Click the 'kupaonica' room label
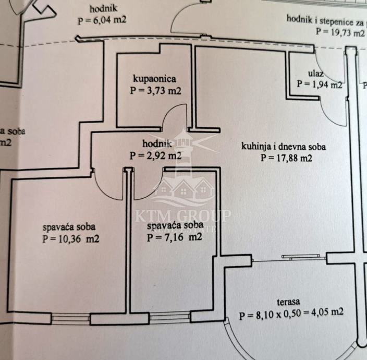(x=155, y=79)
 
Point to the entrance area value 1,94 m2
(x=319, y=83)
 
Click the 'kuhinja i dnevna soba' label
(x=284, y=147)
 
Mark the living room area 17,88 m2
(x=286, y=158)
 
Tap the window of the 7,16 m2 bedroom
(x=170, y=316)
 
